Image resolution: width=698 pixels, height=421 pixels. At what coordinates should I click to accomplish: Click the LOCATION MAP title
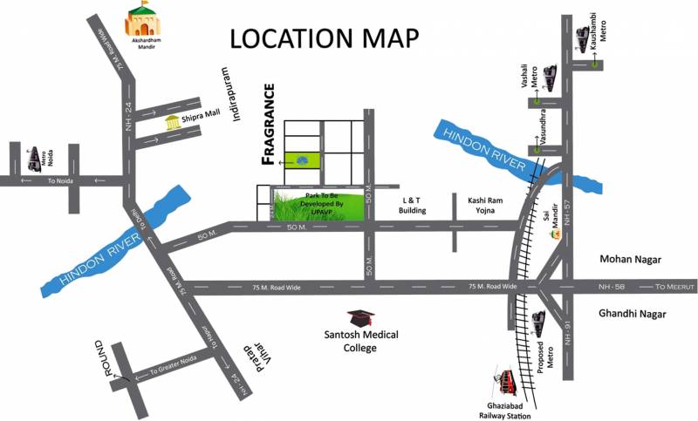324,38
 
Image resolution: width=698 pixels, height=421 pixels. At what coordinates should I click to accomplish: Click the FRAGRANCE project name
270,124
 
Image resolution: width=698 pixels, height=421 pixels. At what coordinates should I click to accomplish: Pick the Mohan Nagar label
631,260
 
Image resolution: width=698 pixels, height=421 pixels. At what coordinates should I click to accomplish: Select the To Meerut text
676,286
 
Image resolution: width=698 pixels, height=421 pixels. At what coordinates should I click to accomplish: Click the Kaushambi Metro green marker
595,63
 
